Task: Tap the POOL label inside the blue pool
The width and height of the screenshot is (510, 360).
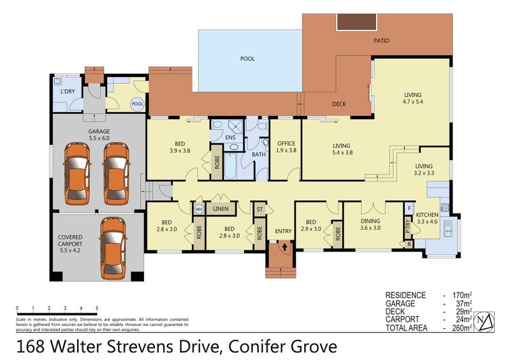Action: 247,59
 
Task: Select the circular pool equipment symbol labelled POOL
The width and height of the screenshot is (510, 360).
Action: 137,104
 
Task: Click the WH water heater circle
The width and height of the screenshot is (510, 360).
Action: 199,208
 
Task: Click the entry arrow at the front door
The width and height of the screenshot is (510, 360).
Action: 281,245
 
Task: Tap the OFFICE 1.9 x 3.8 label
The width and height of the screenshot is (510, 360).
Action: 285,147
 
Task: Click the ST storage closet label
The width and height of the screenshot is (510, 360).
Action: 259,208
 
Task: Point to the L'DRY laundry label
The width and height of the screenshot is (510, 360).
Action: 67,92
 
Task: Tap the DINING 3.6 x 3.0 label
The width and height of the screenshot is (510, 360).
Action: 370,224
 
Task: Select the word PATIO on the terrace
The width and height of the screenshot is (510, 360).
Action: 382,41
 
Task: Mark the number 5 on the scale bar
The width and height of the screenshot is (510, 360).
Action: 97,308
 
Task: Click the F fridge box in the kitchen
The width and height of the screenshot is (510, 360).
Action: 409,209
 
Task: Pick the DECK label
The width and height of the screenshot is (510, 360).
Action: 339,104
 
